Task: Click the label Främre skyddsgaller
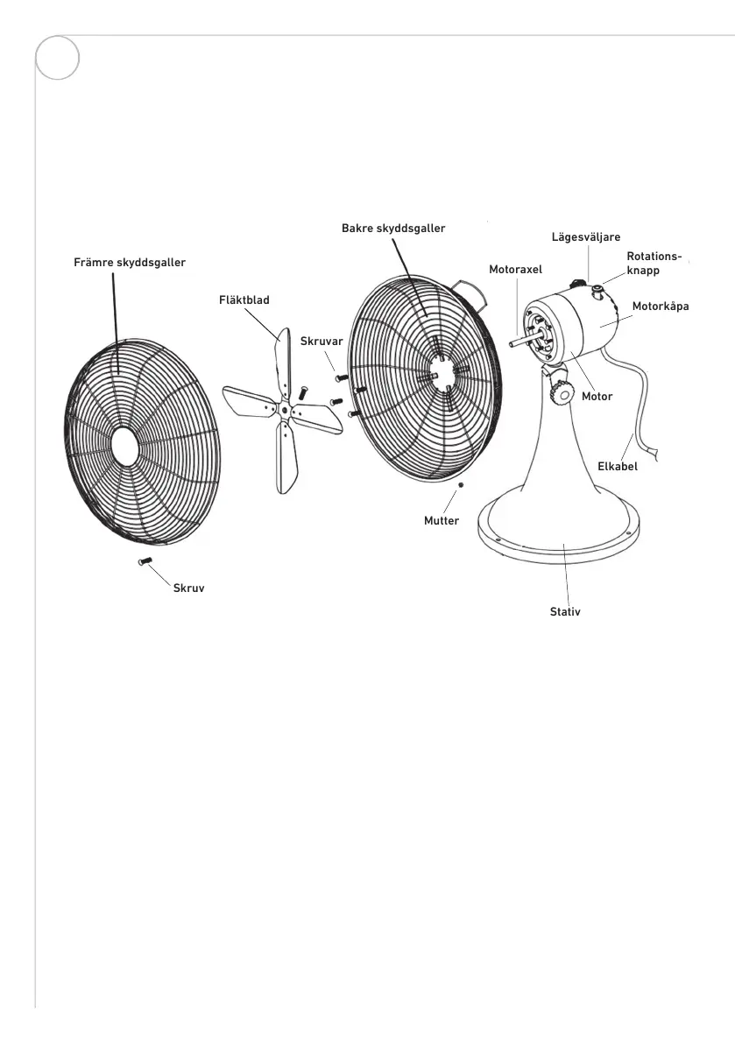130,262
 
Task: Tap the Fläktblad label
244,300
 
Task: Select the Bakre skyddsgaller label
393,228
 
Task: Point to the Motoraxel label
516,270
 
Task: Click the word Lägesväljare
586,237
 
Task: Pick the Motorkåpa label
661,307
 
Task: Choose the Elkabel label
618,467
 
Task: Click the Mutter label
442,521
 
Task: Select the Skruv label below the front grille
189,589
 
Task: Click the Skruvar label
322,341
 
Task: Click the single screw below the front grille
145,560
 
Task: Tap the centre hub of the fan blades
282,408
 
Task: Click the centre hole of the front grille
124,444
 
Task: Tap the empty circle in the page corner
58,59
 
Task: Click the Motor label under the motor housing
597,397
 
